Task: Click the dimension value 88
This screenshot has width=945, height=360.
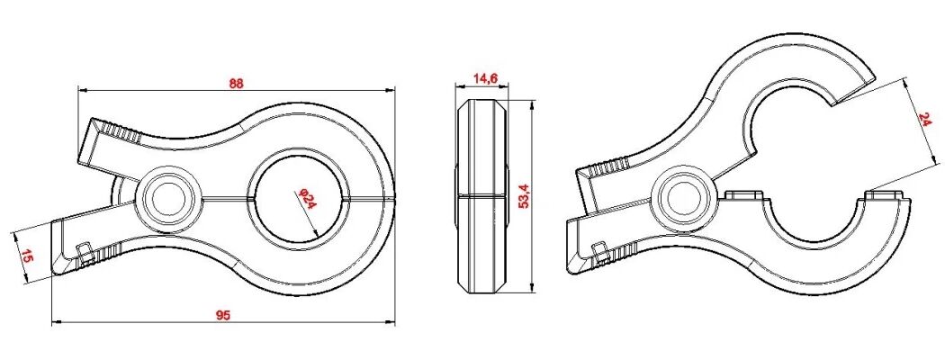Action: [x=236, y=84]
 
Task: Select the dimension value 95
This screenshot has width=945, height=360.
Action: [x=224, y=315]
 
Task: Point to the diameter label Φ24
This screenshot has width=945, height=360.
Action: [x=306, y=198]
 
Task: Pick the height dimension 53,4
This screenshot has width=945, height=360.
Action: [x=525, y=196]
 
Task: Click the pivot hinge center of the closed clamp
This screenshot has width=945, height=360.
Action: [x=166, y=197]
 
